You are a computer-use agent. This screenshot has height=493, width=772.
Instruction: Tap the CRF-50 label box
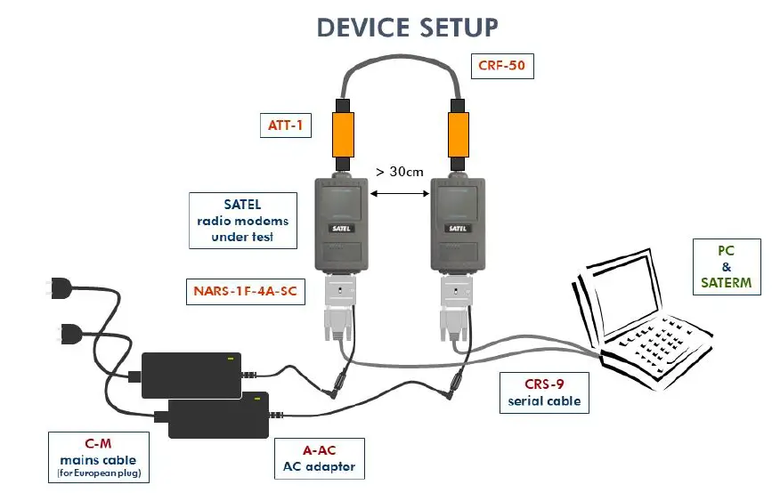pos(501,66)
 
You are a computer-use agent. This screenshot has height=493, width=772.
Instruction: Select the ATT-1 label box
pos(286,125)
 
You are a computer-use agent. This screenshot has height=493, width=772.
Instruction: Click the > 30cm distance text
pos(400,171)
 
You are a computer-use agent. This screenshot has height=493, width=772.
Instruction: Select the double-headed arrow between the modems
pos(399,193)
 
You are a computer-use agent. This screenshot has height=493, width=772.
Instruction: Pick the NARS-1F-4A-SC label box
pos(245,289)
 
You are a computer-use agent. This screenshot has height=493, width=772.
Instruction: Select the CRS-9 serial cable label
pos(543,392)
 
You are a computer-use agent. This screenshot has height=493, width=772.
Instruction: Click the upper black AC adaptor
pos(192,375)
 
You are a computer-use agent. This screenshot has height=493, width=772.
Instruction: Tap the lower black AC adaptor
pos(219,414)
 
